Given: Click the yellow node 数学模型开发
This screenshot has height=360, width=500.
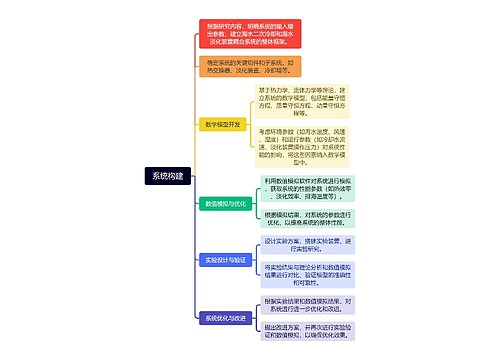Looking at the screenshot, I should point(222,125).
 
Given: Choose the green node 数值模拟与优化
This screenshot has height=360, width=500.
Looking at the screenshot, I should point(220,203).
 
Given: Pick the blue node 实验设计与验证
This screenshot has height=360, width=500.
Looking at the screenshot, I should point(220,259).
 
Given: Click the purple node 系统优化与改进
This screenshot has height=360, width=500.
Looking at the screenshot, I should point(220,317).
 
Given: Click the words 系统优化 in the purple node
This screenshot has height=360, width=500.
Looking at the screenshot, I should point(212,317).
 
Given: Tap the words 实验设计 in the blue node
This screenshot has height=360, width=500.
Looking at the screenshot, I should point(212,259).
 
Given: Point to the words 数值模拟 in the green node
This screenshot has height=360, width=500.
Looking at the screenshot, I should point(212,203).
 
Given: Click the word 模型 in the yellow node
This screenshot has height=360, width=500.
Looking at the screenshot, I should point(222,125).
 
